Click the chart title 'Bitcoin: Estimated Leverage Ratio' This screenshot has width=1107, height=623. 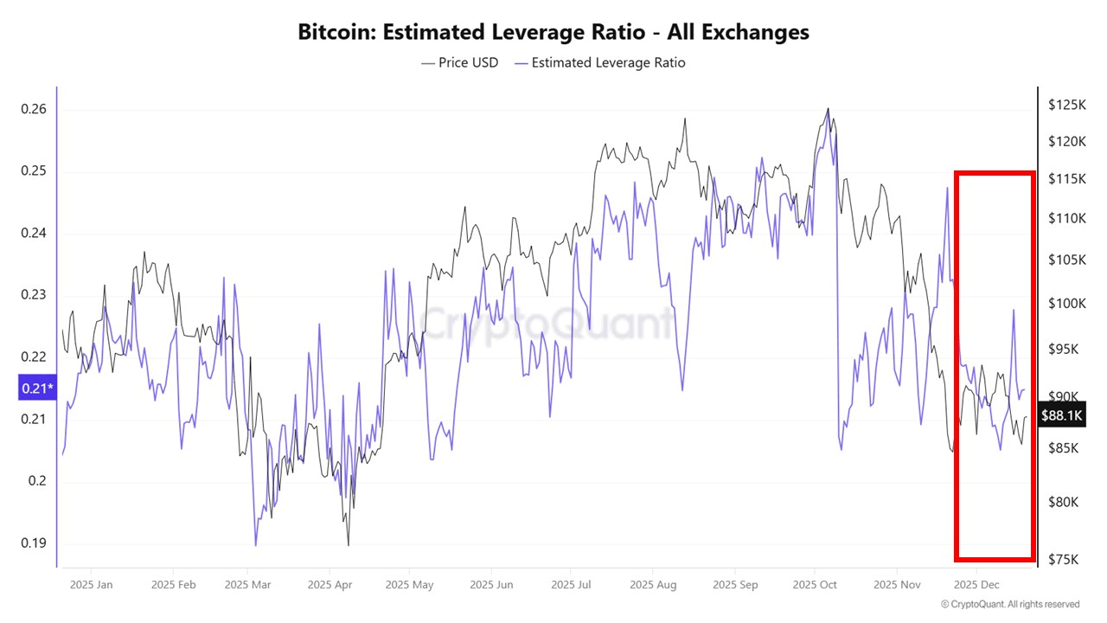pos(553,32)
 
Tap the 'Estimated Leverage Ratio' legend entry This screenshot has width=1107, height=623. pos(599,62)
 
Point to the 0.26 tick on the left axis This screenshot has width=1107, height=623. pos(33,109)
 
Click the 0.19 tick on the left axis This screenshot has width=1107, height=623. pos(33,543)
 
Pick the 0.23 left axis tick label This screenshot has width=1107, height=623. pos(33,295)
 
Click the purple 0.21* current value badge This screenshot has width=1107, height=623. pos(36,389)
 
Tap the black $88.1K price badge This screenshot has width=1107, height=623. pos(1061,416)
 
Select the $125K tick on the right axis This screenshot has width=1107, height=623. pos(1065,105)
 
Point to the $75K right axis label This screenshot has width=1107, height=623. pos(1063,559)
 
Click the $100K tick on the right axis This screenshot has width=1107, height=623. pos(1065,304)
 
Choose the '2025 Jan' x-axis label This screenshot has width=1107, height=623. pos(92,585)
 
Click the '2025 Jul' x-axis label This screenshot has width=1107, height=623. pos(573,585)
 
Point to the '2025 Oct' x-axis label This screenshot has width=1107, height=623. pos(816,585)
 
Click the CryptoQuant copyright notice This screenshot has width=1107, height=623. pos(1009,604)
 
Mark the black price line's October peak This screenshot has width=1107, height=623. pos(828,109)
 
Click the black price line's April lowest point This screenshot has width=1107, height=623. pos(349,545)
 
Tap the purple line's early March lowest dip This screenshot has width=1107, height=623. pos(256,545)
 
